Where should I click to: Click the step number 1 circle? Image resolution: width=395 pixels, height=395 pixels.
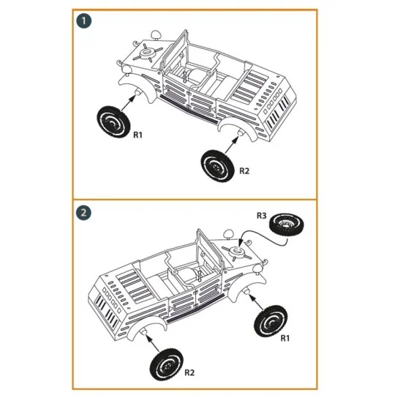coord(86,22)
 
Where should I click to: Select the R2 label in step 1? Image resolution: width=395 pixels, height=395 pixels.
coord(244,170)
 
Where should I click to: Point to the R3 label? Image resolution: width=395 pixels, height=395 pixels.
coord(261,216)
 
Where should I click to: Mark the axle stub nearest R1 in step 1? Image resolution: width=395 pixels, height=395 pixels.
coord(135,94)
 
